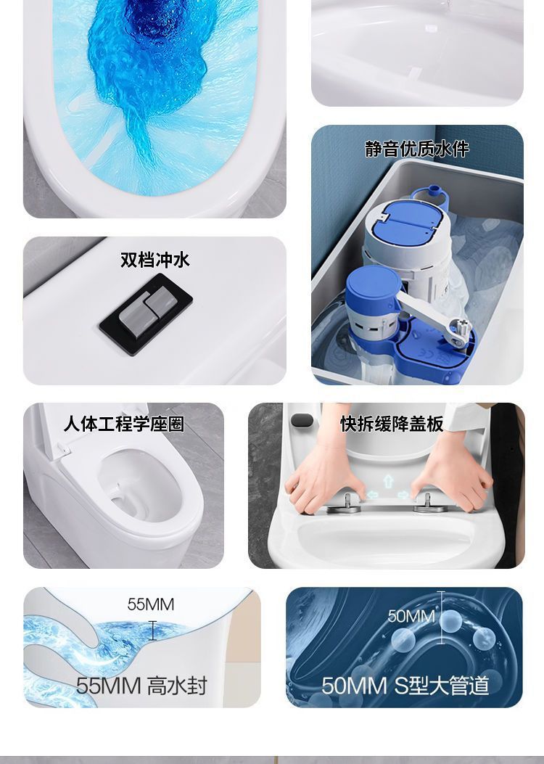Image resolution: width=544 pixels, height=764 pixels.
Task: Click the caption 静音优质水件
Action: tap(417, 149)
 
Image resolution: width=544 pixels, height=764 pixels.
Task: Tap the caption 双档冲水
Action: tap(155, 260)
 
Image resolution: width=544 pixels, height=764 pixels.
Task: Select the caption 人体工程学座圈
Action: tap(124, 424)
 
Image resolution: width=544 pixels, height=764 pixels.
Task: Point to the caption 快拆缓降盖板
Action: tap(392, 424)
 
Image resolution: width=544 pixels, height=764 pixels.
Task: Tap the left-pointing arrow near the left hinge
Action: tap(372, 496)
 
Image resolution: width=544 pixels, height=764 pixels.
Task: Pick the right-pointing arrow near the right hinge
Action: tap(403, 495)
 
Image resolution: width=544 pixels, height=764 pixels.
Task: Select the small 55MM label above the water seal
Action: tap(151, 604)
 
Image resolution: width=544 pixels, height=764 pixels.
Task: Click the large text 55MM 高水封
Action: tap(141, 685)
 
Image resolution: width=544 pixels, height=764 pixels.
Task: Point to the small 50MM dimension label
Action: tap(411, 616)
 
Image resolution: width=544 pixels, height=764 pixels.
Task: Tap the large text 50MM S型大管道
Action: tap(405, 685)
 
